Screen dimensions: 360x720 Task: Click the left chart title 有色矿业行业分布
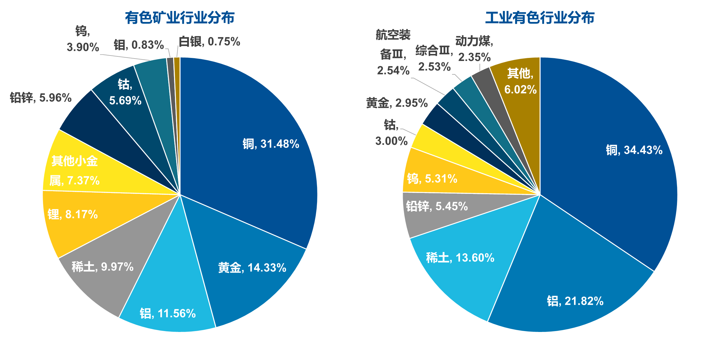180,18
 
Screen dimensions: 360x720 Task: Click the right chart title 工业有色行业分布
540,18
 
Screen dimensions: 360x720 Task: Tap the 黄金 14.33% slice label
252,268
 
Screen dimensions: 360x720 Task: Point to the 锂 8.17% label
73,214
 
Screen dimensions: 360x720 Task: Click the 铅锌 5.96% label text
41,98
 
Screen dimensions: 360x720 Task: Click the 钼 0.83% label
139,45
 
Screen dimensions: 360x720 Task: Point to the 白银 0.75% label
209,41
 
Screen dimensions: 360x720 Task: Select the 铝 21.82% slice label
575,301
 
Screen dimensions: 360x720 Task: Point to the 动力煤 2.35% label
474,49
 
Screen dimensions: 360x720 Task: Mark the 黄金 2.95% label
397,103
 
